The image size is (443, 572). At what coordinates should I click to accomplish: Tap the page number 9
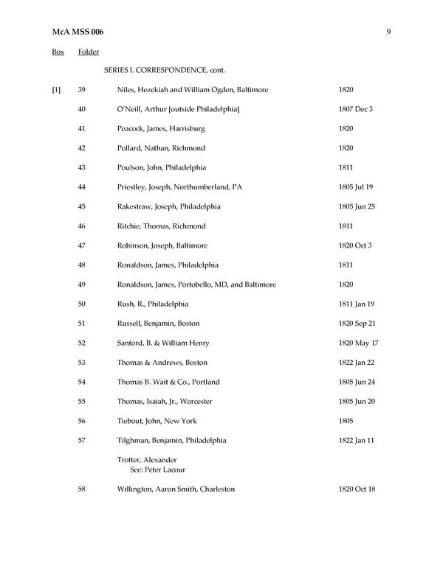[x=388, y=32]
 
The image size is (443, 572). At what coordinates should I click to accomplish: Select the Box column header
[x=58, y=52]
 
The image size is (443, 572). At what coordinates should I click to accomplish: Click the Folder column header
[x=89, y=52]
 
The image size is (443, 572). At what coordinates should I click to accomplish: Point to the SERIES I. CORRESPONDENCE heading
[x=164, y=71]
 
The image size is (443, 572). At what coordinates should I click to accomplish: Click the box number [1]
[x=56, y=90]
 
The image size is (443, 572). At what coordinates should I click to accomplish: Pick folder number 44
[x=82, y=187]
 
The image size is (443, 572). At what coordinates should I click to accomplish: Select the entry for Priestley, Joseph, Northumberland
[x=179, y=187]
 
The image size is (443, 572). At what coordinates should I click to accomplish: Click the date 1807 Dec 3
[x=356, y=109]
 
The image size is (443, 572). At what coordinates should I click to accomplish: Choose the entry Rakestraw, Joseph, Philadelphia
[x=168, y=206]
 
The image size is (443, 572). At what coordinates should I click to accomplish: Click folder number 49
[x=82, y=285]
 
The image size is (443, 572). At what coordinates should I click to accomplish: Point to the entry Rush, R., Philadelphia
[x=153, y=304]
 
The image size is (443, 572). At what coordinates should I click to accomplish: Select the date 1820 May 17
[x=358, y=343]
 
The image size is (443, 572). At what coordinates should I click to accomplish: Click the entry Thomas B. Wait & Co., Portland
[x=168, y=382]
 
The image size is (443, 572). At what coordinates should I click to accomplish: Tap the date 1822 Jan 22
[x=357, y=363]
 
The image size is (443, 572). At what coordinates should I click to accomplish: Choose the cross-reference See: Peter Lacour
[x=157, y=470]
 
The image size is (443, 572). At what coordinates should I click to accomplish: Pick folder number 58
[x=82, y=489]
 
